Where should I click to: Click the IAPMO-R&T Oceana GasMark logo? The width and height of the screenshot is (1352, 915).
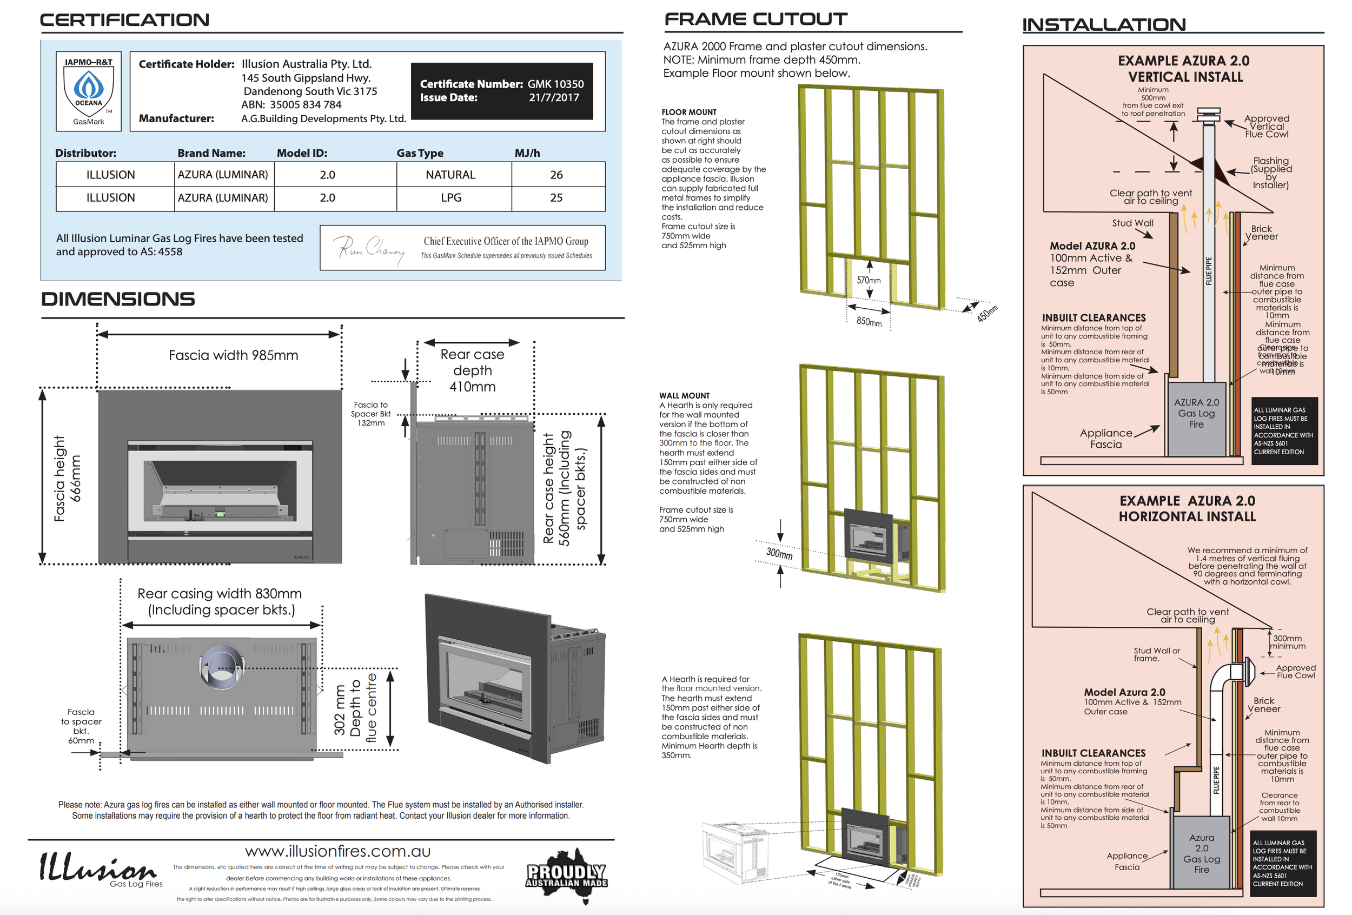pyautogui.click(x=89, y=91)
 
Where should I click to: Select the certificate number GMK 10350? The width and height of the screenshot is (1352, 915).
pyautogui.click(x=555, y=84)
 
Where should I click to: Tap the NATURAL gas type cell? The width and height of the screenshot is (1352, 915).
pyautogui.click(x=450, y=175)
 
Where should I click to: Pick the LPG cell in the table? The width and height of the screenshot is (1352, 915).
pyautogui.click(x=451, y=198)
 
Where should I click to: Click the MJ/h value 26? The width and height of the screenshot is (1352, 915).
pyautogui.click(x=556, y=175)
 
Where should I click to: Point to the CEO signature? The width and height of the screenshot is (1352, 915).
pyautogui.click(x=371, y=248)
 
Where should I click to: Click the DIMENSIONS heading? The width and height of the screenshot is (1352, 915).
pyautogui.click(x=118, y=299)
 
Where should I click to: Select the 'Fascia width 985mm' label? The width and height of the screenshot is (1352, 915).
pyautogui.click(x=233, y=355)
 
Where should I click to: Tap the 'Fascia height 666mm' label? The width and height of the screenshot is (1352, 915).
pyautogui.click(x=68, y=478)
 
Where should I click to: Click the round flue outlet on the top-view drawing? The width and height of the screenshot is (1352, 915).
pyautogui.click(x=222, y=664)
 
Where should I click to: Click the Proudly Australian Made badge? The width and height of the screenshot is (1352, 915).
pyautogui.click(x=567, y=875)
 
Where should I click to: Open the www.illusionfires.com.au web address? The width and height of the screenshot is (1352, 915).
pyautogui.click(x=337, y=851)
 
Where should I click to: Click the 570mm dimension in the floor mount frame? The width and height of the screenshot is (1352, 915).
pyautogui.click(x=869, y=280)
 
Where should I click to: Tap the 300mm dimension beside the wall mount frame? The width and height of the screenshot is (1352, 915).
pyautogui.click(x=779, y=553)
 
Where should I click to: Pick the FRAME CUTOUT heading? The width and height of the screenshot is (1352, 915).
pyautogui.click(x=755, y=19)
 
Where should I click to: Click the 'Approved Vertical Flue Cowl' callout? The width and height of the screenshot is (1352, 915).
pyautogui.click(x=1267, y=126)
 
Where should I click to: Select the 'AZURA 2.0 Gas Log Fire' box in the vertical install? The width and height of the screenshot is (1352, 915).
pyautogui.click(x=1196, y=413)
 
